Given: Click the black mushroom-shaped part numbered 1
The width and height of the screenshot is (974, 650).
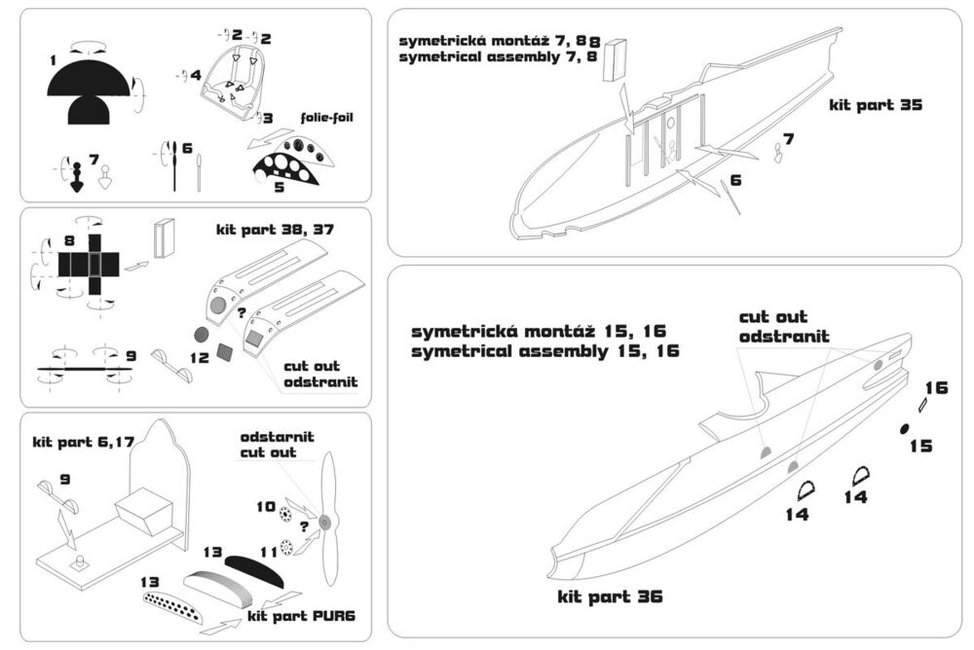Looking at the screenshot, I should point(88,92).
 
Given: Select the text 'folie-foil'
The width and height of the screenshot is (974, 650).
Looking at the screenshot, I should point(323,117).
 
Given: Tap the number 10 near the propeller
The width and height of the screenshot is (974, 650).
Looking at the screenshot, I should point(266,506).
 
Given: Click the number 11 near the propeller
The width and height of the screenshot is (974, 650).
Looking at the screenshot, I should point(267,550).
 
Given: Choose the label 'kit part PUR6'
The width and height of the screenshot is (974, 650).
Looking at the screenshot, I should point(288,615).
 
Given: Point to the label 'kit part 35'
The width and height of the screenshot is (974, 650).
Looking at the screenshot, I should point(876,104).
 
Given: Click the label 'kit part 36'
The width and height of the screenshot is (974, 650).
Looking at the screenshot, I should point(610,596).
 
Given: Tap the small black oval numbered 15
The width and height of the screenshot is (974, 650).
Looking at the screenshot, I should point(903,429).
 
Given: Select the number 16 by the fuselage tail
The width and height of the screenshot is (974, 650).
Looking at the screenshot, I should point(936,387).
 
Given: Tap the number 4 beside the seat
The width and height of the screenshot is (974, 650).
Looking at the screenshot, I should point(196,74).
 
